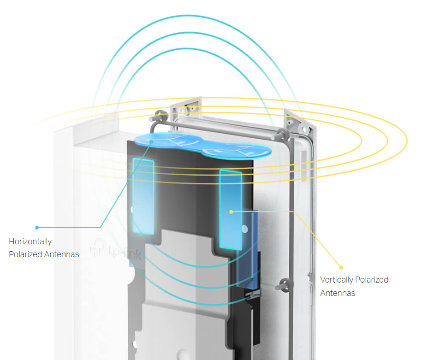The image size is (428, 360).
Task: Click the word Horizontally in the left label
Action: click(x=30, y=242)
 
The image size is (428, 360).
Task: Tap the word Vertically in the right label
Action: click(x=337, y=280)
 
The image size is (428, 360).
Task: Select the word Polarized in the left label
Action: click(x=25, y=254)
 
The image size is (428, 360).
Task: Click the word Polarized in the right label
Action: click(x=372, y=280)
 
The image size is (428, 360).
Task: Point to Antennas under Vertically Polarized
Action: click(x=338, y=293)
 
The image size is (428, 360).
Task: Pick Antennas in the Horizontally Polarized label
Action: click(x=61, y=254)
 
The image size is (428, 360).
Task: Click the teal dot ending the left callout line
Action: click(x=37, y=227)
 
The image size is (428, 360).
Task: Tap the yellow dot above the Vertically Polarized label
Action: click(x=341, y=267)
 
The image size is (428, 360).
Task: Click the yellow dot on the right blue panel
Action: click(x=231, y=212)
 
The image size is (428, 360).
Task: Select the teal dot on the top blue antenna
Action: click(x=151, y=142)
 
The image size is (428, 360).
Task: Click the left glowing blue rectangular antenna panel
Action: click(x=143, y=196)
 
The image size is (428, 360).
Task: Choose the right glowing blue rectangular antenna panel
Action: click(x=231, y=209)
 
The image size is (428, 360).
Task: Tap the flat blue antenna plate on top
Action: click(x=202, y=146)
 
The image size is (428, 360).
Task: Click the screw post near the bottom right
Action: click(x=284, y=285)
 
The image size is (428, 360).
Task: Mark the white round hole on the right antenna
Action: click(x=244, y=229)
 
